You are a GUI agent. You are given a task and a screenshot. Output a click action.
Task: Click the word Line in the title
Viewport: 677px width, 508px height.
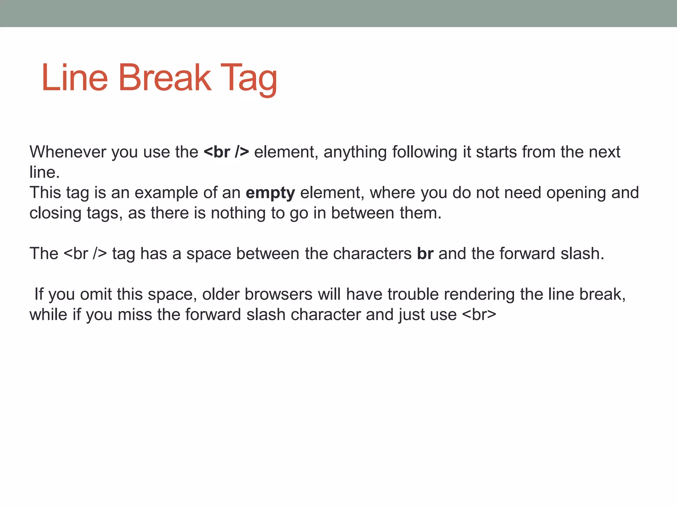point(75,78)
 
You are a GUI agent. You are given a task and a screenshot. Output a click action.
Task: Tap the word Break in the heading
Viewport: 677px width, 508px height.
point(164,78)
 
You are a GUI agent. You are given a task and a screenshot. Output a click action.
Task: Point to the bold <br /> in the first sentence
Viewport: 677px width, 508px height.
point(226,152)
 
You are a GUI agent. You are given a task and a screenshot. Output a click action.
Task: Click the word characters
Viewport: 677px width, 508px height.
point(372,254)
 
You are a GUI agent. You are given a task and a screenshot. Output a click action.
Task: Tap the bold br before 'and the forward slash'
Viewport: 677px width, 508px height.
point(425,254)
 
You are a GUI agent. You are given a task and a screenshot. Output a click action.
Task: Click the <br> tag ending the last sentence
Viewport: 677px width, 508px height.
point(479,315)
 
